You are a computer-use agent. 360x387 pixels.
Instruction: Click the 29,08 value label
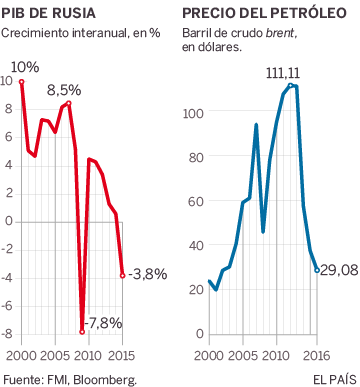pyautogui.click(x=338, y=270)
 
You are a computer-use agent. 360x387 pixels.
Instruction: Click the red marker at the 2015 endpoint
pyautogui.click(x=122, y=276)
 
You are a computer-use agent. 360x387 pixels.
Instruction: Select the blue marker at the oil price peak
pyautogui.click(x=291, y=86)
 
